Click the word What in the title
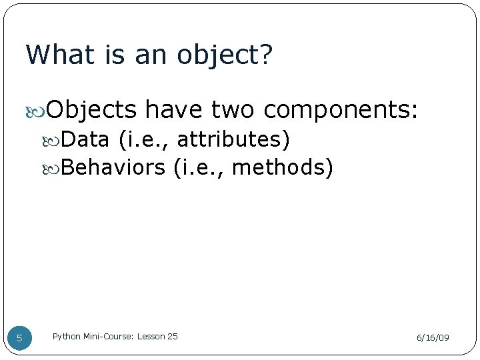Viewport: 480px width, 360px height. click(60, 55)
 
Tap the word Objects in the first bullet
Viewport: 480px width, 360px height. click(92, 109)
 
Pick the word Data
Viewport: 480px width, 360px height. click(85, 139)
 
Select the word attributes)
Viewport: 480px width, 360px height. click(233, 139)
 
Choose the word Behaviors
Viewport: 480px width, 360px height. click(113, 167)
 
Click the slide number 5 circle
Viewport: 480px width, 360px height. click(19, 337)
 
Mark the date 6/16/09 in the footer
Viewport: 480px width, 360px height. click(433, 338)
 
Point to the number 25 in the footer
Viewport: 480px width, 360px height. click(172, 337)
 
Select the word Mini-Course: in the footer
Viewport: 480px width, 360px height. click(109, 337)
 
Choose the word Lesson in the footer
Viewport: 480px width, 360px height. click(151, 337)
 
